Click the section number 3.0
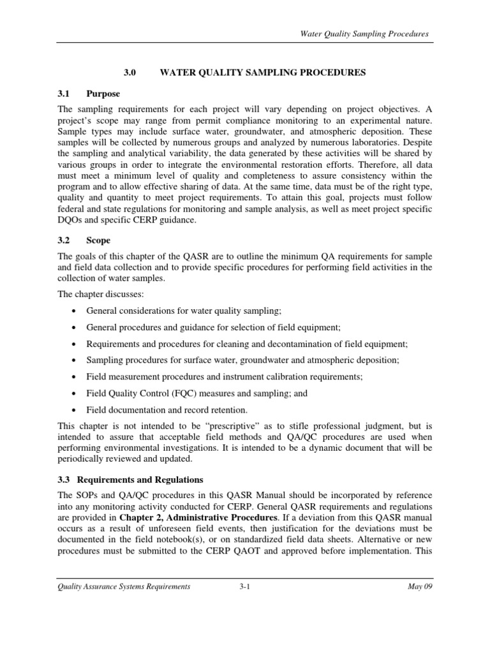[x=131, y=73]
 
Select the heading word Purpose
[x=103, y=94]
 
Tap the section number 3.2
[x=65, y=240]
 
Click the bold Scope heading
[x=99, y=240]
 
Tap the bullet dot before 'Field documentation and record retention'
[x=75, y=410]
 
